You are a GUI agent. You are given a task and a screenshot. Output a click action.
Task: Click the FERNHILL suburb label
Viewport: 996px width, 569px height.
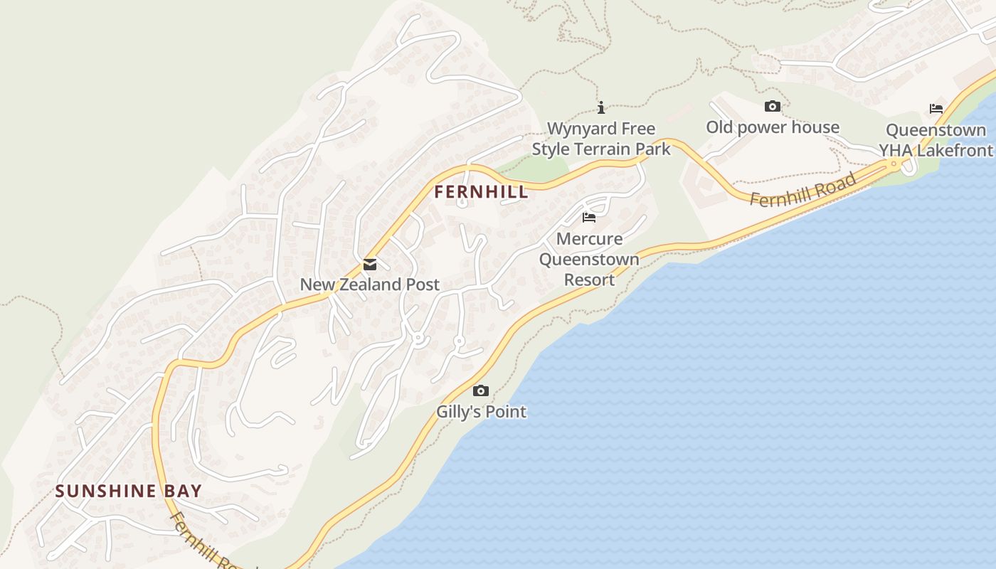pyautogui.click(x=482, y=191)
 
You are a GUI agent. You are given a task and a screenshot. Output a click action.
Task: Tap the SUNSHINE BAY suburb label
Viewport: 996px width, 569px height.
pyautogui.click(x=129, y=491)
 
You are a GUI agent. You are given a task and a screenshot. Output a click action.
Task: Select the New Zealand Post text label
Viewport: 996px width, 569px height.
pyautogui.click(x=369, y=284)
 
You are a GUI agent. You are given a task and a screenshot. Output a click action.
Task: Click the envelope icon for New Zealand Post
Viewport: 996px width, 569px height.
pyautogui.click(x=370, y=265)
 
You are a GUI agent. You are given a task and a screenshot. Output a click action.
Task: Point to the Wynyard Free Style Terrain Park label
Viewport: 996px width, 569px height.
pyautogui.click(x=601, y=139)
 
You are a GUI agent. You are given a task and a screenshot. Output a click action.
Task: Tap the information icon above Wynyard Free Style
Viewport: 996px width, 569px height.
pyautogui.click(x=601, y=107)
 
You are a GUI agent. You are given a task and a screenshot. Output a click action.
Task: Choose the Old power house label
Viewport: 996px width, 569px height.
pyautogui.click(x=773, y=127)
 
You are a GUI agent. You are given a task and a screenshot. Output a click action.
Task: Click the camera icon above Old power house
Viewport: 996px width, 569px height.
pyautogui.click(x=773, y=107)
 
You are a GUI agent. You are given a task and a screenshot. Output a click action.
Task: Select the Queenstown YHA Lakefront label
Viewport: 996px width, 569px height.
pyautogui.click(x=936, y=140)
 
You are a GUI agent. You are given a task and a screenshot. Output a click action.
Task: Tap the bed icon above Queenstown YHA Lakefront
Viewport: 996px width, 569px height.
pyautogui.click(x=936, y=109)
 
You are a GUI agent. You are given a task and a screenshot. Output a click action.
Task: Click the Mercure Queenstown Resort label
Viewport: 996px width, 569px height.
pyautogui.click(x=589, y=259)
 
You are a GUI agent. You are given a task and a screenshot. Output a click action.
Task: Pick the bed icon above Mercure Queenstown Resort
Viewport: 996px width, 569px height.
pyautogui.click(x=589, y=218)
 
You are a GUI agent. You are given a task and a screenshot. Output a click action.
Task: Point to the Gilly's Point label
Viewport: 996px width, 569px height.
pyautogui.click(x=482, y=411)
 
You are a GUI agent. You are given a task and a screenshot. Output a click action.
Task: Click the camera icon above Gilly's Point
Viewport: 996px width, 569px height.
pyautogui.click(x=481, y=390)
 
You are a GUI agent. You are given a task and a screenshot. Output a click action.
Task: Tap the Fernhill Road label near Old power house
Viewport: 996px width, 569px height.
pyautogui.click(x=802, y=190)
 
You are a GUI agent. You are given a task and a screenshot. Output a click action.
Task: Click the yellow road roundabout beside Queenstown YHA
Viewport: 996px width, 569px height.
pyautogui.click(x=894, y=164)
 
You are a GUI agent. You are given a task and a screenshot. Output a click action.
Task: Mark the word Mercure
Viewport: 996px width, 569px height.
pyautogui.click(x=589, y=238)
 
